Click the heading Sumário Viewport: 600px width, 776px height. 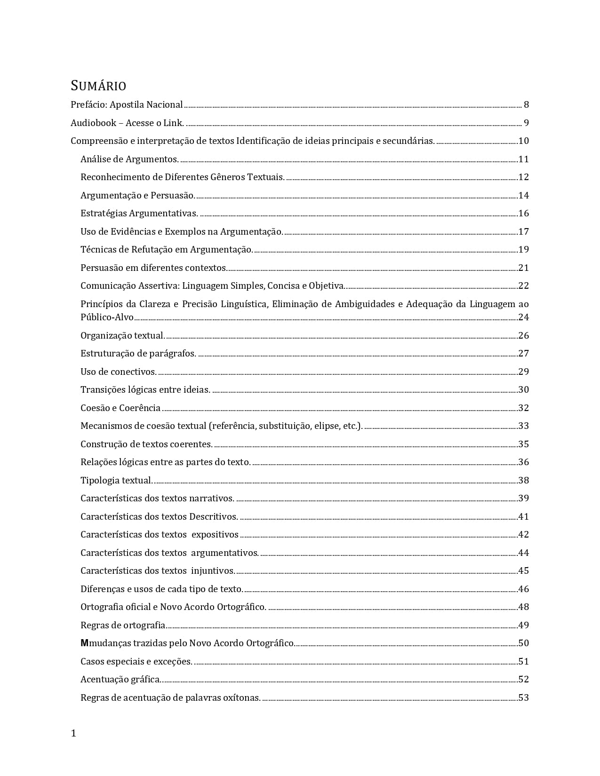(x=98, y=86)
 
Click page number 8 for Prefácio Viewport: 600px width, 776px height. (x=526, y=105)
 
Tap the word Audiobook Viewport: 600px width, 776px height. (x=93, y=123)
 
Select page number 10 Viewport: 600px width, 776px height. (x=523, y=141)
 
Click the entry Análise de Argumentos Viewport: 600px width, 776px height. (x=129, y=159)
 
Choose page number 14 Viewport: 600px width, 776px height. (x=523, y=196)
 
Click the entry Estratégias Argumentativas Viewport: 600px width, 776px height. (x=139, y=214)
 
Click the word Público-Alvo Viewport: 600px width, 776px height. (x=107, y=317)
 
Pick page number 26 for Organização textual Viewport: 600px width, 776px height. (x=523, y=336)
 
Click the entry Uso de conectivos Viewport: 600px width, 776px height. (x=119, y=372)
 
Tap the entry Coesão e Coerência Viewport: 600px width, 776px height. (x=120, y=408)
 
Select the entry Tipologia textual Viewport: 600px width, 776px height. (x=117, y=481)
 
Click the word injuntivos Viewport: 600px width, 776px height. (x=213, y=571)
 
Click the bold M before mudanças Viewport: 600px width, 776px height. (x=84, y=643)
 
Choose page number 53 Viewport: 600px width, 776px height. (x=523, y=698)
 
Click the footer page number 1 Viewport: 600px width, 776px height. (x=73, y=733)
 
